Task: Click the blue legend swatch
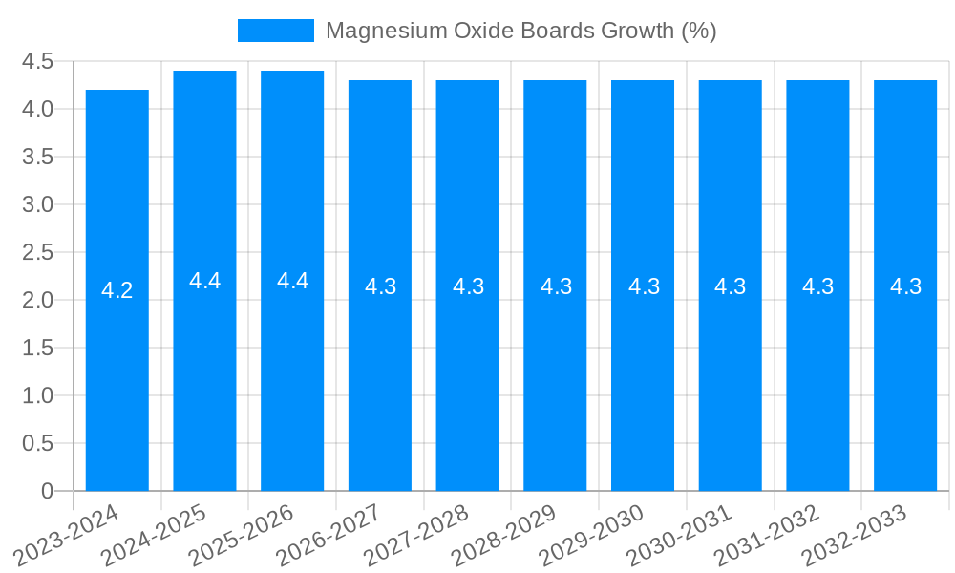coord(275,31)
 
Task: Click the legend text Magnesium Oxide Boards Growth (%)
coord(520,31)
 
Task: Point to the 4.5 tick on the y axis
coord(37,61)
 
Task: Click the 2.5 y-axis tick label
coord(37,252)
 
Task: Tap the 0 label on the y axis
coord(47,491)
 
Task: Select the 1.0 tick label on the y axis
coord(37,395)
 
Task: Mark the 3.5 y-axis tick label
coord(37,157)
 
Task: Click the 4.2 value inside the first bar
coord(117,290)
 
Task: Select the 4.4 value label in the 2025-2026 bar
coord(292,281)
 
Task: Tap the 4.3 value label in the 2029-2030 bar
coord(644,286)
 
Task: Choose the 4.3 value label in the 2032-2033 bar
coord(905,286)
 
